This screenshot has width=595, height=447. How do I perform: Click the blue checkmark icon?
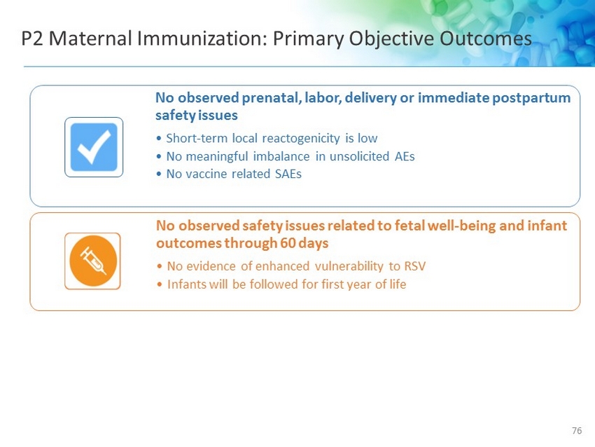tap(94, 147)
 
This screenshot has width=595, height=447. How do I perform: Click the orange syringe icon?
tap(92, 261)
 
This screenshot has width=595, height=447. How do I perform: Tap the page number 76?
tap(576, 431)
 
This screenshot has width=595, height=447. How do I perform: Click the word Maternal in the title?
tap(90, 39)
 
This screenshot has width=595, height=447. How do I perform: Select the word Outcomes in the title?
tap(486, 39)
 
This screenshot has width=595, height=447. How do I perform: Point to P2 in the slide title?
tap(32, 39)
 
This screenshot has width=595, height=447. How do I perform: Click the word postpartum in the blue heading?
tap(531, 98)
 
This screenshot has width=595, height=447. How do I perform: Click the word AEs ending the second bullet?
tap(405, 156)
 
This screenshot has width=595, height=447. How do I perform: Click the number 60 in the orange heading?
tap(288, 243)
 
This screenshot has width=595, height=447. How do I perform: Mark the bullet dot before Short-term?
tap(159, 139)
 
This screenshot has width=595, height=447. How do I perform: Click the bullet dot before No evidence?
tap(160, 267)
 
